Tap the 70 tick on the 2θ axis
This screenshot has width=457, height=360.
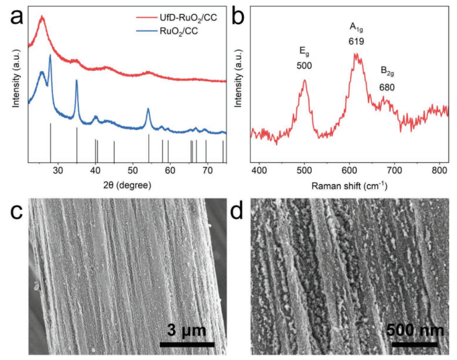[x=206, y=170]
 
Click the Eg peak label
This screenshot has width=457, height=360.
[x=304, y=51]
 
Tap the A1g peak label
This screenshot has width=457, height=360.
[x=355, y=27]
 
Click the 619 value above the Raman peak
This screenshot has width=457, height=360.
[x=356, y=42]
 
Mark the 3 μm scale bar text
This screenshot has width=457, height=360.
[x=187, y=330]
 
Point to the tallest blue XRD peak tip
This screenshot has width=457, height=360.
[x=50, y=56]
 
